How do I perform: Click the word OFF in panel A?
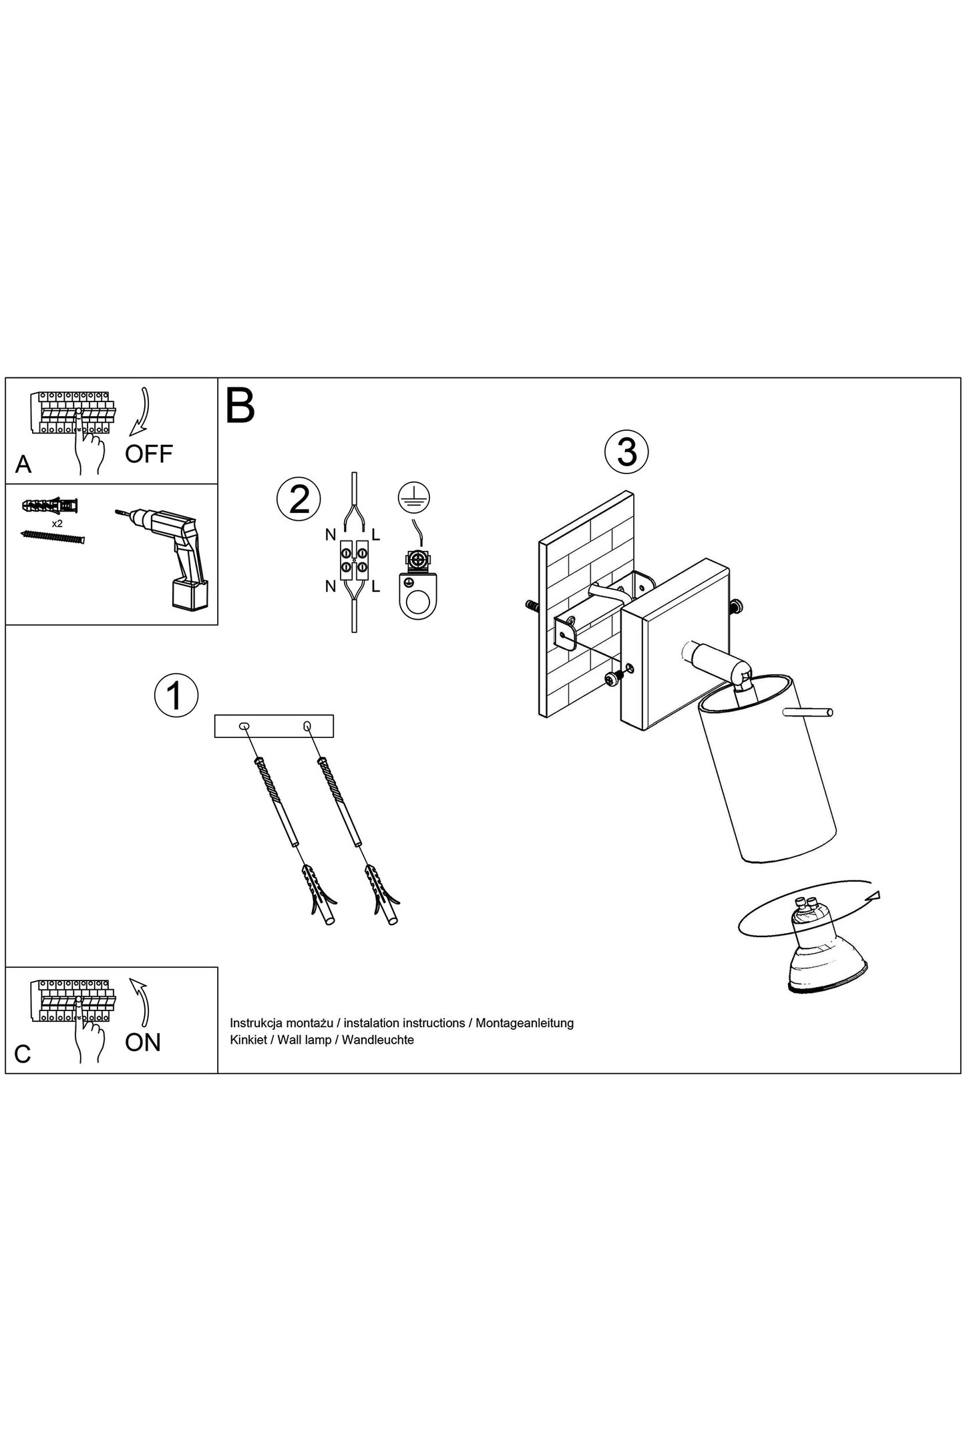[149, 454]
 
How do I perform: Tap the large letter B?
[240, 405]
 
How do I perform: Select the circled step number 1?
[176, 696]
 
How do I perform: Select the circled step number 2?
[299, 499]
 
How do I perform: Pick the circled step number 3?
[626, 452]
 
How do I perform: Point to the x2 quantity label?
[57, 524]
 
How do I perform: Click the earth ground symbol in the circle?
[414, 497]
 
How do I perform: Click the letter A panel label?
[23, 464]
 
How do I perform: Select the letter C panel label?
[23, 1055]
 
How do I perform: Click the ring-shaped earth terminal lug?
[417, 593]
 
